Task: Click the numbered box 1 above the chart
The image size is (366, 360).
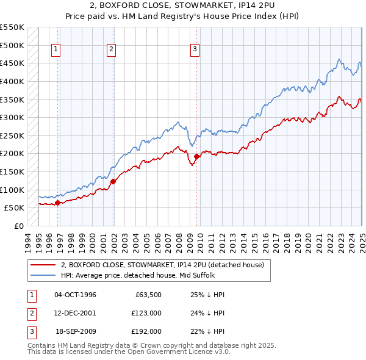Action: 56,50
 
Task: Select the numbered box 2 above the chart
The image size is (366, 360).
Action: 112,50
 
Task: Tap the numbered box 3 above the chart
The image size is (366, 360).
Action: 195,50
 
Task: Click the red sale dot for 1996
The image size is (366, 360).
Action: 58,203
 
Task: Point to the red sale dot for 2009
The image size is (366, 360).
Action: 197,156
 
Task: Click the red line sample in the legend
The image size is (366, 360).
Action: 43,265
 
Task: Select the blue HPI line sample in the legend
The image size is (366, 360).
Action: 43,275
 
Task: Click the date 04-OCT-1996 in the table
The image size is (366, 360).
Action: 75,295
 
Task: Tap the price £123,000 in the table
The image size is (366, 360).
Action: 146,313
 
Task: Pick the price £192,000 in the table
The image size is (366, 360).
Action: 146,331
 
